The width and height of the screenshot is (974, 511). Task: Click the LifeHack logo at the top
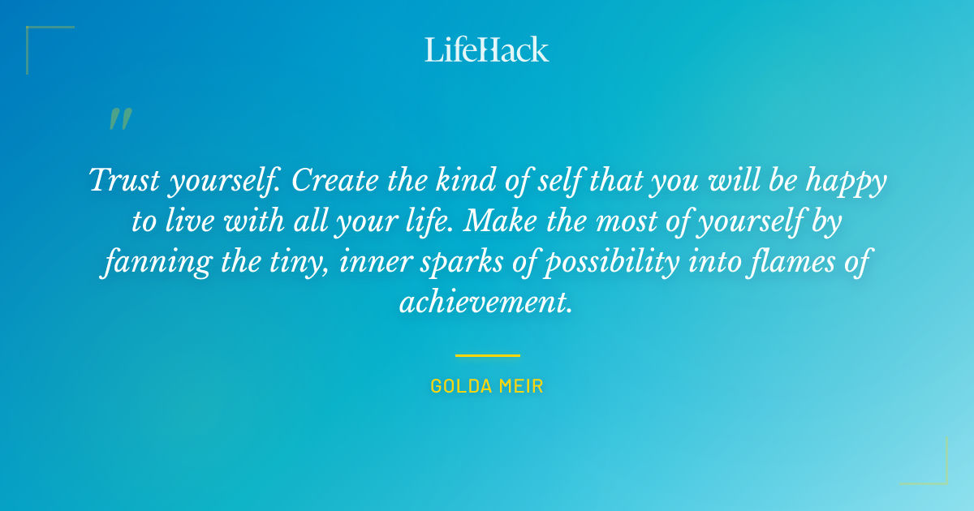pos(487,49)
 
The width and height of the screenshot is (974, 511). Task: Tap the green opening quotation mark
pos(120,119)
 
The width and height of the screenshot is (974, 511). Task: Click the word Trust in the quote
pos(123,180)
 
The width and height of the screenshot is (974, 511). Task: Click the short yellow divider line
pos(487,355)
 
